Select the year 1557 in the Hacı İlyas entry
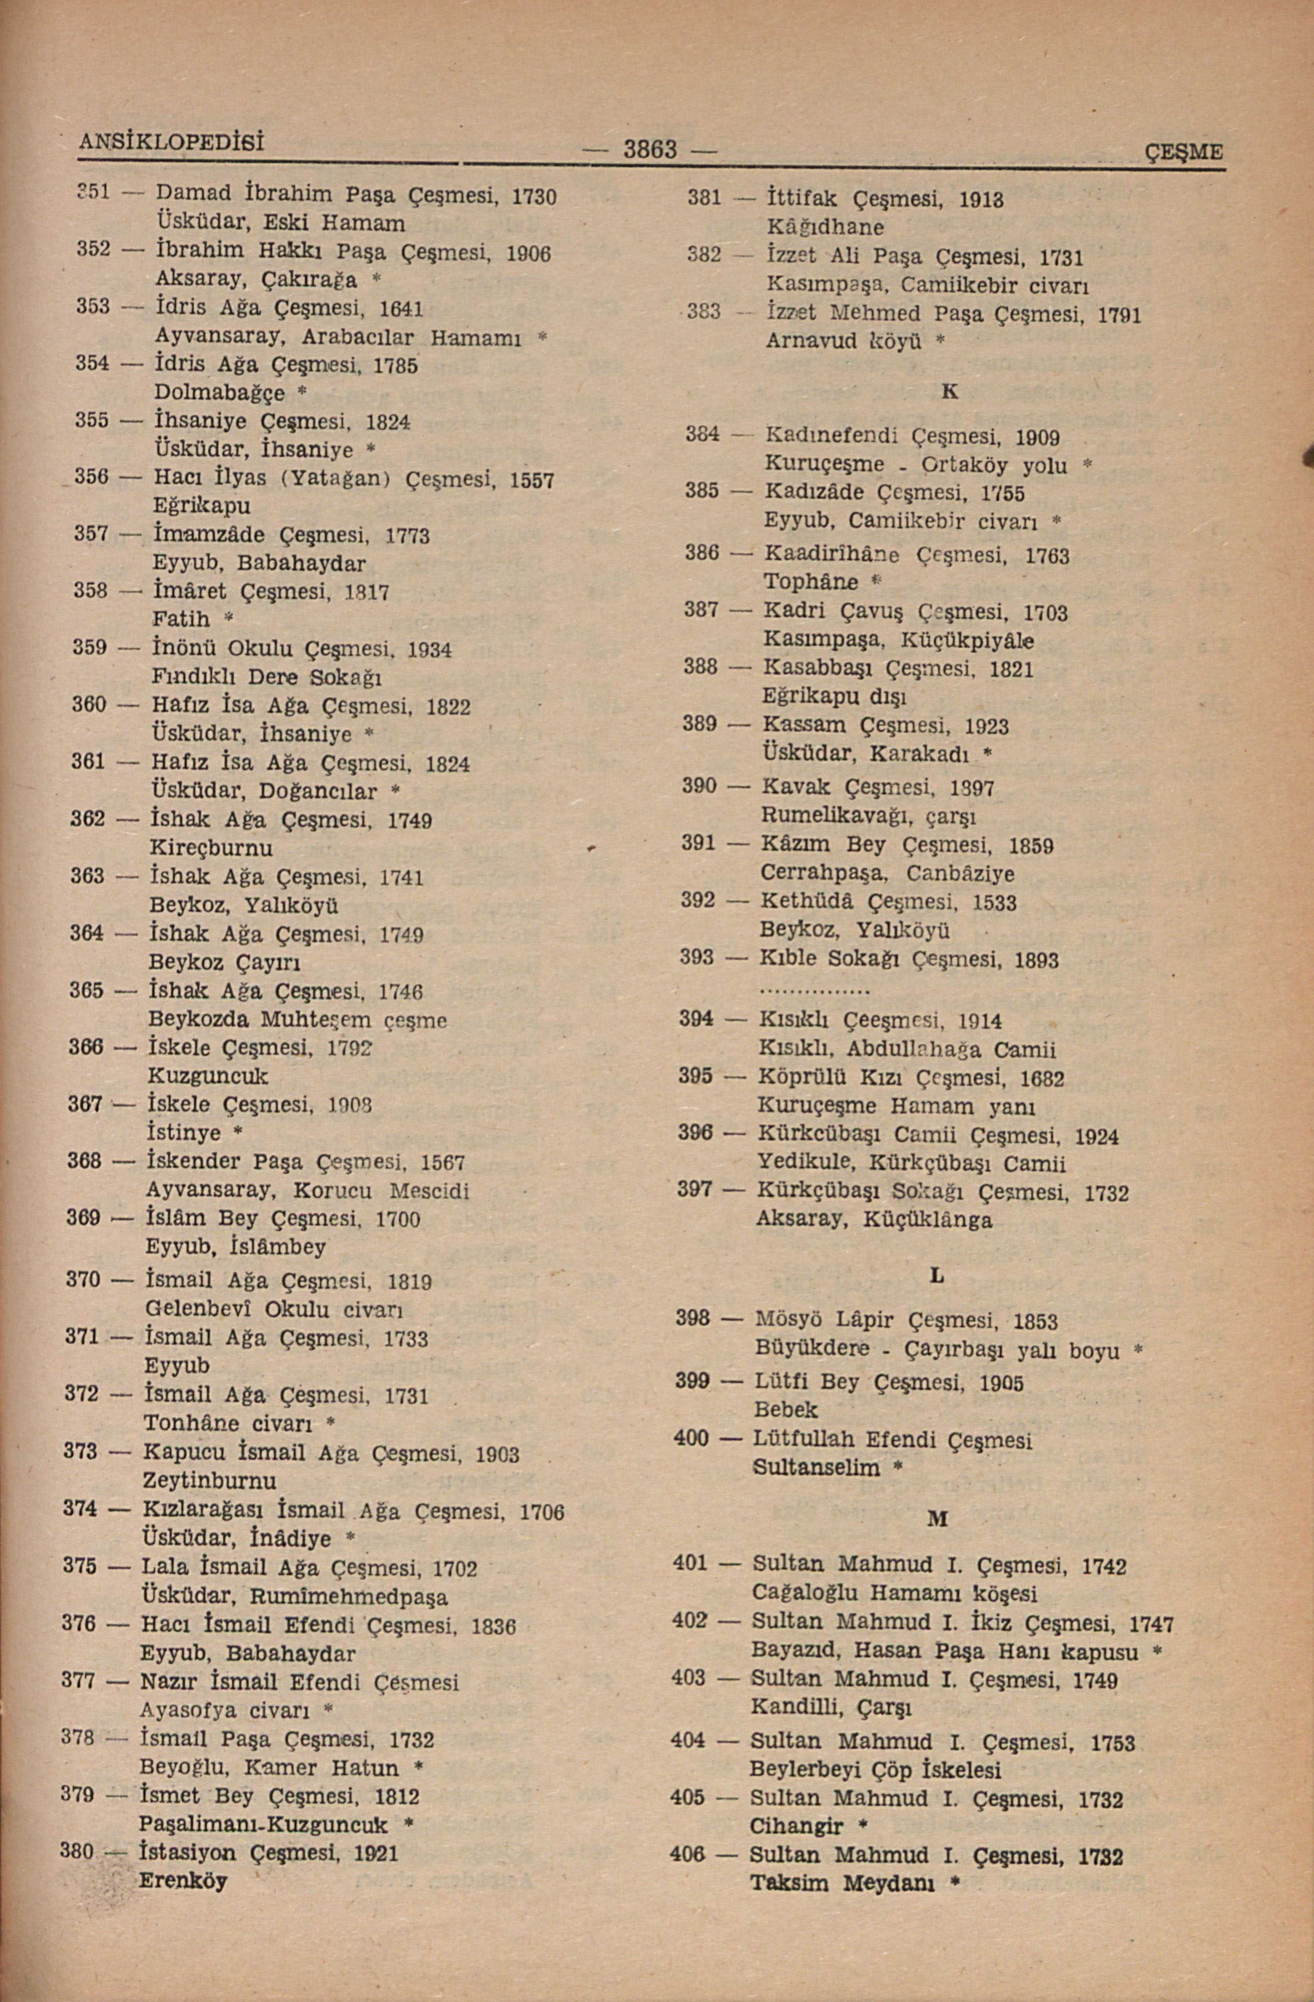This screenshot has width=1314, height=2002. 532,480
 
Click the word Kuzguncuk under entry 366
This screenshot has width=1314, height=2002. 208,1076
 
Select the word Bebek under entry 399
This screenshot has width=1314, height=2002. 786,1409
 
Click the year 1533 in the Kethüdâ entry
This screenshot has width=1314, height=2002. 994,904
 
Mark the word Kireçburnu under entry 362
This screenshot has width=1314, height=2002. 211,847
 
